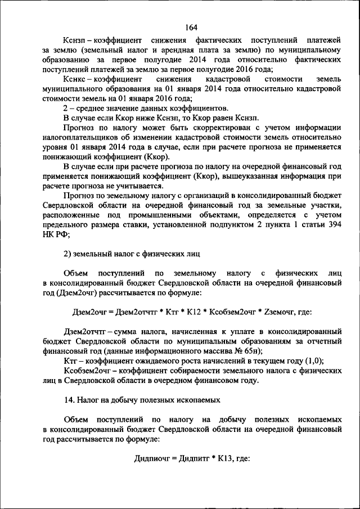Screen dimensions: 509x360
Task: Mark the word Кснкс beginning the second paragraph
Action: point(75,79)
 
